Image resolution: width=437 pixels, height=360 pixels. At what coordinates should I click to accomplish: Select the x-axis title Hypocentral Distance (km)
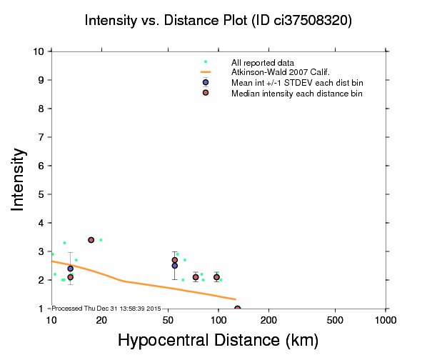coord(218,341)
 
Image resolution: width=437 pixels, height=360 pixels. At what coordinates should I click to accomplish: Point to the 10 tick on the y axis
coord(41,51)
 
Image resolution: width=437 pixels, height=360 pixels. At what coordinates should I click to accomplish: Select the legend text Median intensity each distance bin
coord(297,94)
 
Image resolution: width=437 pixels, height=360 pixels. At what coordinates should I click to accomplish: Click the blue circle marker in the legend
coord(206,83)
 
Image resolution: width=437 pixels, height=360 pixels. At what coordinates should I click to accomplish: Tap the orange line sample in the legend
coord(206,73)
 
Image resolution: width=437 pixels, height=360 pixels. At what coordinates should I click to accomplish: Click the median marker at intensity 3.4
coord(91,240)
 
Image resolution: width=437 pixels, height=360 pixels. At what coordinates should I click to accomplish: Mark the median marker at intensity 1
coord(237,309)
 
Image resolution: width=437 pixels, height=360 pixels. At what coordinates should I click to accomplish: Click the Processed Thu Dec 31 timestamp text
coord(107,308)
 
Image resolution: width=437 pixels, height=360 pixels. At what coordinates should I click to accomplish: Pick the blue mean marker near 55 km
coord(174,266)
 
